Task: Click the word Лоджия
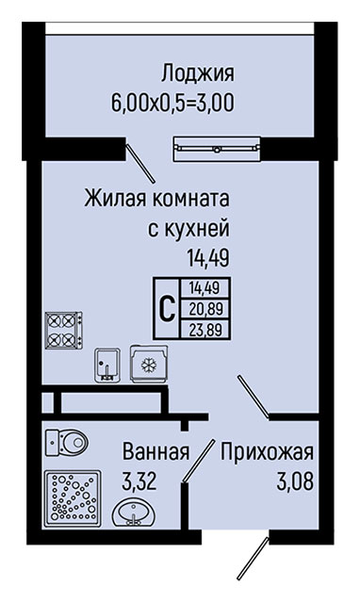197,73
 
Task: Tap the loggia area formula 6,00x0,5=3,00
172,103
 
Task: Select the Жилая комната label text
157,199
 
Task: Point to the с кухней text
188,228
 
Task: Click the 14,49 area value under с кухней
208,257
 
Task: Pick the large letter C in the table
168,308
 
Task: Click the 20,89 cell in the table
205,309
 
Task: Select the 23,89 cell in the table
205,329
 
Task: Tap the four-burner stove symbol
64,330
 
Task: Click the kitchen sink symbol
107,365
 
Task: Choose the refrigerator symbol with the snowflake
149,364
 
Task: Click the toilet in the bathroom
67,443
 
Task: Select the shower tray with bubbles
74,498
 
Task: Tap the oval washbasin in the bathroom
134,513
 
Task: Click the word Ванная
156,451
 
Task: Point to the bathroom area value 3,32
139,481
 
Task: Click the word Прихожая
267,452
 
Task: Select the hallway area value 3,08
295,481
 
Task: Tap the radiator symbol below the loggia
217,149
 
